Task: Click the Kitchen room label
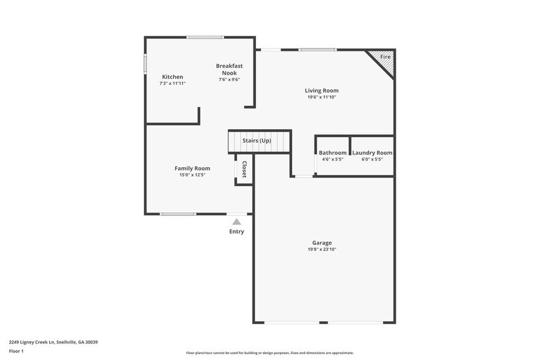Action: point(172,77)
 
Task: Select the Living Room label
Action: point(321,91)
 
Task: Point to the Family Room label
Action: point(192,168)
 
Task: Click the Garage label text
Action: point(322,243)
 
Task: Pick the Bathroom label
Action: point(332,152)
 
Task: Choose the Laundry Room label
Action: point(372,152)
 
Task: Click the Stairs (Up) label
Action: point(257,141)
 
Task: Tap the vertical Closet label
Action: point(244,169)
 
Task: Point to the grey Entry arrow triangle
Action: point(237,222)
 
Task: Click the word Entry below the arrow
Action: point(237,231)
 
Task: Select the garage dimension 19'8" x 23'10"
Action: point(322,250)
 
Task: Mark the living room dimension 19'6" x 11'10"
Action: point(321,97)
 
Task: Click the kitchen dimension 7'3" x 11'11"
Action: point(172,83)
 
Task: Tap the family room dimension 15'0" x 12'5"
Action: point(192,175)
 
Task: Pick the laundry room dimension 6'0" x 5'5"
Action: point(372,159)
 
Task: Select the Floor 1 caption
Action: point(17,351)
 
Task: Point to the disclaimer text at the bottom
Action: point(270,353)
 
